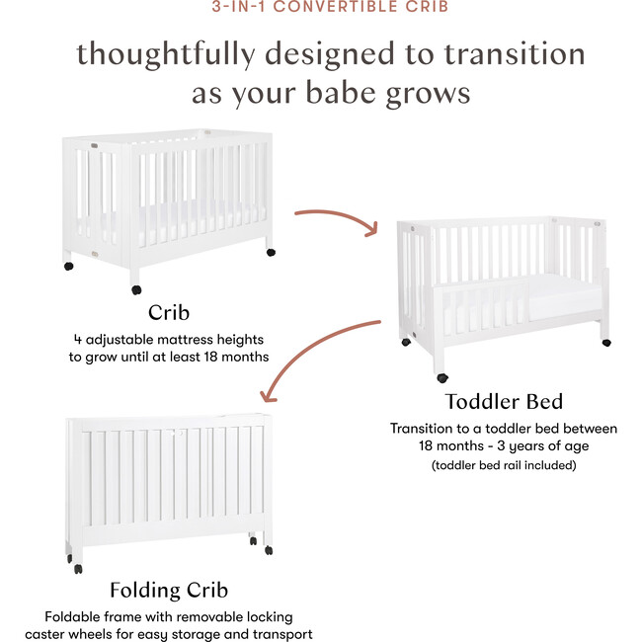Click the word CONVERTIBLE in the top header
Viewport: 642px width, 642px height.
[x=349, y=7]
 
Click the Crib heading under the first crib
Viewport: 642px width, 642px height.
[x=168, y=313]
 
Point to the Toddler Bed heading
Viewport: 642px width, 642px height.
[x=504, y=401]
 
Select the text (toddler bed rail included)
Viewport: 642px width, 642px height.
[x=504, y=464]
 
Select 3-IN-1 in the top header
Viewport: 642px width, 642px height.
[x=238, y=7]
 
